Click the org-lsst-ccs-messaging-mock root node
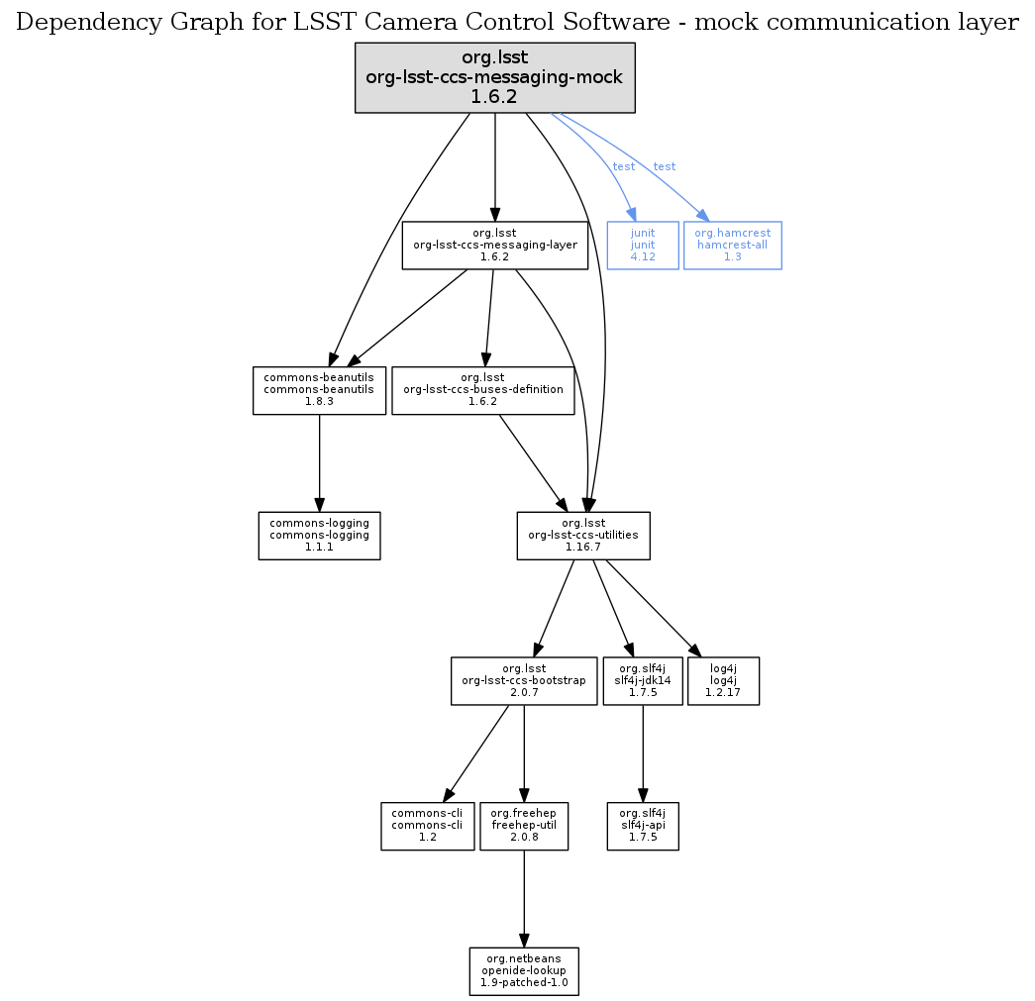click(494, 77)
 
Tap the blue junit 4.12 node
click(643, 245)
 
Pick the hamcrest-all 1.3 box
click(732, 245)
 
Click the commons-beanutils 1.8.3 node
click(319, 390)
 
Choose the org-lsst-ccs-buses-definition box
click(483, 390)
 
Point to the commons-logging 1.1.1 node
click(319, 536)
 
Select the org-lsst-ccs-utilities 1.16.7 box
click(583, 536)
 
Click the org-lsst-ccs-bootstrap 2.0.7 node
click(523, 680)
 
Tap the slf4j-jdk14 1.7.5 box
click(643, 680)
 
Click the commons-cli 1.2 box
click(428, 826)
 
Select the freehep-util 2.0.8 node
click(523, 826)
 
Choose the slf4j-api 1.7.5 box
click(643, 826)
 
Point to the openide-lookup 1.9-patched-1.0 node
click(523, 971)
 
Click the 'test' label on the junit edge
click(624, 166)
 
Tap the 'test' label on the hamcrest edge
click(665, 166)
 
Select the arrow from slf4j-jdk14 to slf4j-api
click(643, 753)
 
